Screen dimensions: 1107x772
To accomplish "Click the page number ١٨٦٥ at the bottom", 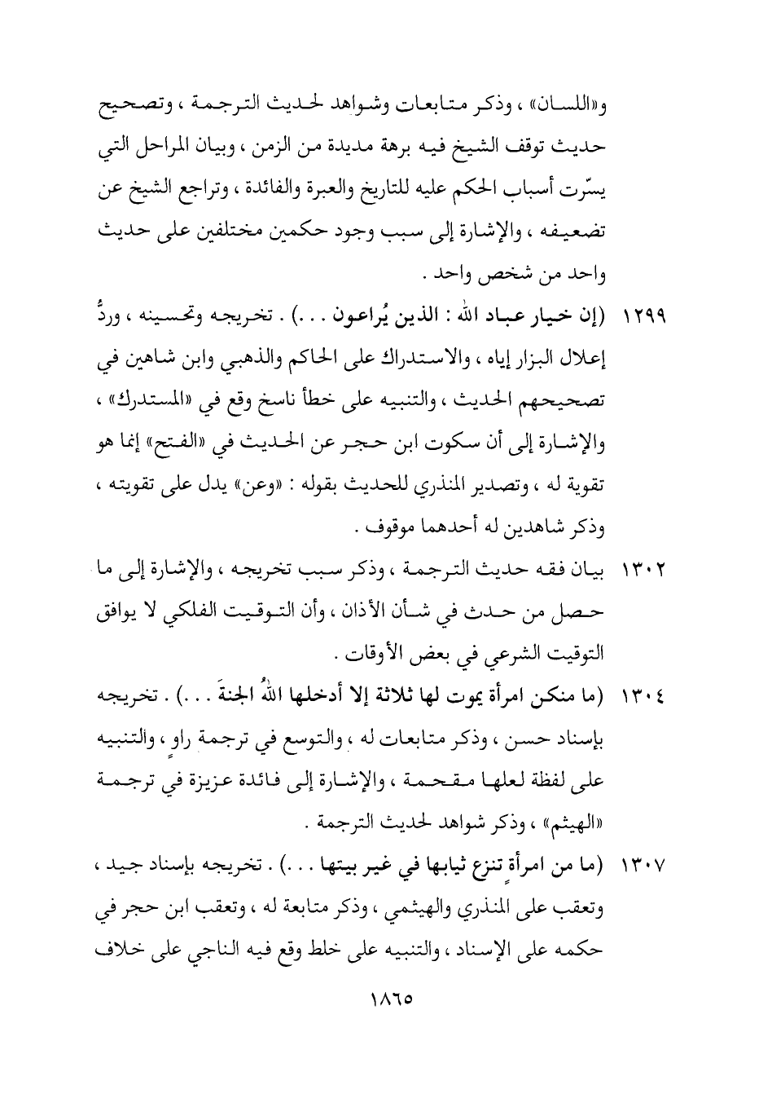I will [x=385, y=997].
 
